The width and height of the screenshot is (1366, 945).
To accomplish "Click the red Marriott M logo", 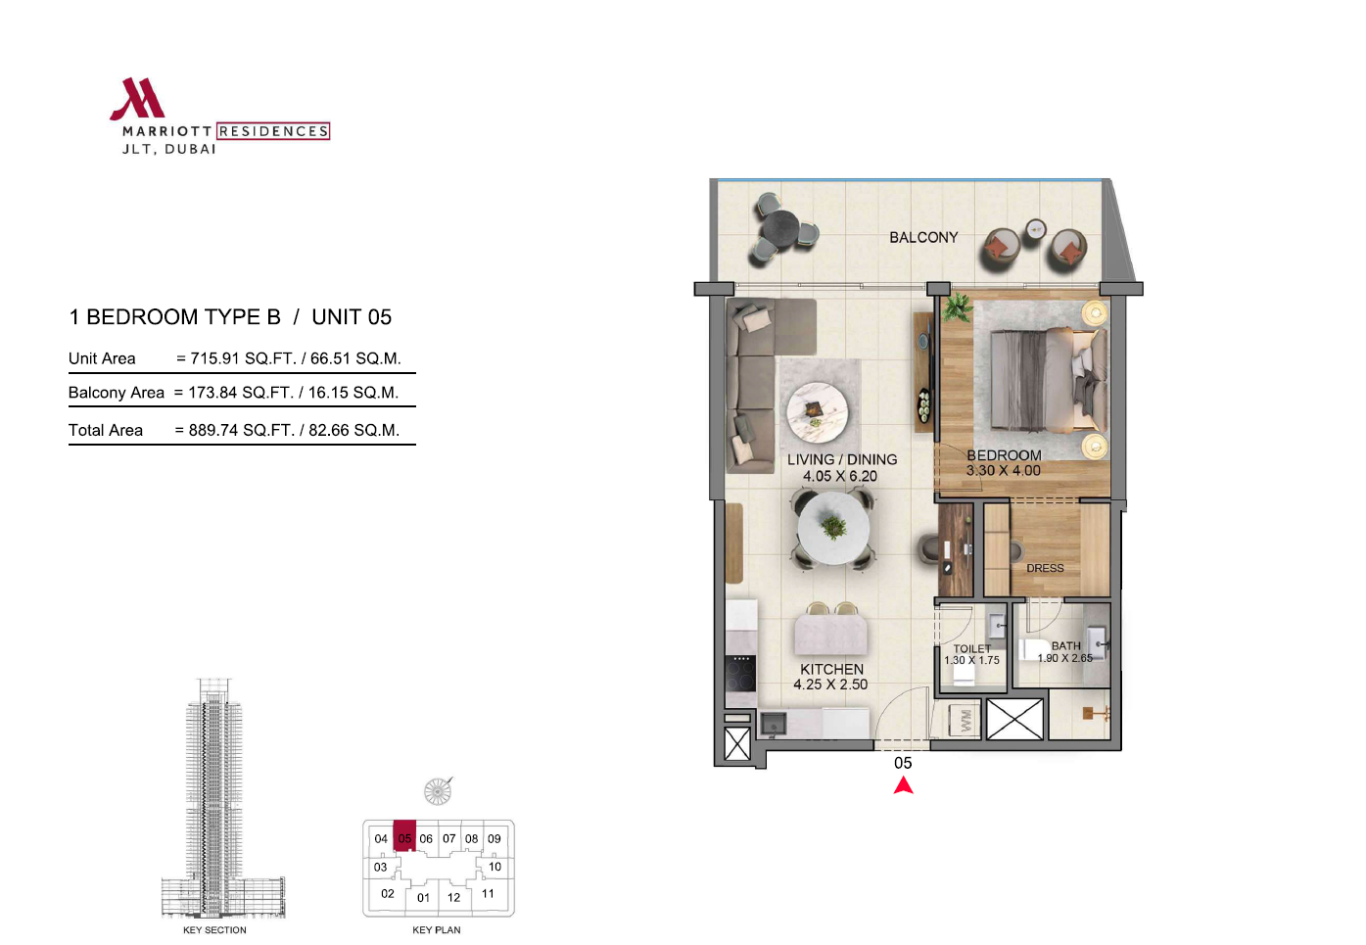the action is pyautogui.click(x=137, y=98).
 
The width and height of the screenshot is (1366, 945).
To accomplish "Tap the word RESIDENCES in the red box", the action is pyautogui.click(x=273, y=131).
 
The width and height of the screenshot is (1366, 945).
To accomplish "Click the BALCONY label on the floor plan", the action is pyautogui.click(x=923, y=238).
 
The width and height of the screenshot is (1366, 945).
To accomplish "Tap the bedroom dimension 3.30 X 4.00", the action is pyautogui.click(x=1003, y=471).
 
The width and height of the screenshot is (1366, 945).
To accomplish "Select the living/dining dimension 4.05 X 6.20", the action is pyautogui.click(x=840, y=476).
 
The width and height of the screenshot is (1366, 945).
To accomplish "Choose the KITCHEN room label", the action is pyautogui.click(x=831, y=669).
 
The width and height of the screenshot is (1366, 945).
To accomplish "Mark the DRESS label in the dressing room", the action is pyautogui.click(x=1045, y=568).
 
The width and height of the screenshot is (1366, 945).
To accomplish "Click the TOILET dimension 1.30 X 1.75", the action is pyautogui.click(x=971, y=660).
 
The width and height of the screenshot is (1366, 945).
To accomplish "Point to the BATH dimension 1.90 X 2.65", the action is pyautogui.click(x=1064, y=658).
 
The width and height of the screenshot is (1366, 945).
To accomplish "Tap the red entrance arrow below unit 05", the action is pyautogui.click(x=903, y=785).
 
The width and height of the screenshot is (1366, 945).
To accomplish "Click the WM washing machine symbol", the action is pyautogui.click(x=966, y=721).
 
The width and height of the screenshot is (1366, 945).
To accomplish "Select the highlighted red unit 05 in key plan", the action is pyautogui.click(x=404, y=835).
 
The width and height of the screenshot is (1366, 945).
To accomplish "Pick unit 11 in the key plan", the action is pyautogui.click(x=488, y=894).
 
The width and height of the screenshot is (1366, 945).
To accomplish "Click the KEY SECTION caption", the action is pyautogui.click(x=214, y=929).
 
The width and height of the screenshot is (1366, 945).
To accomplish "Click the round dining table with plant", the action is pyautogui.click(x=833, y=528).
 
